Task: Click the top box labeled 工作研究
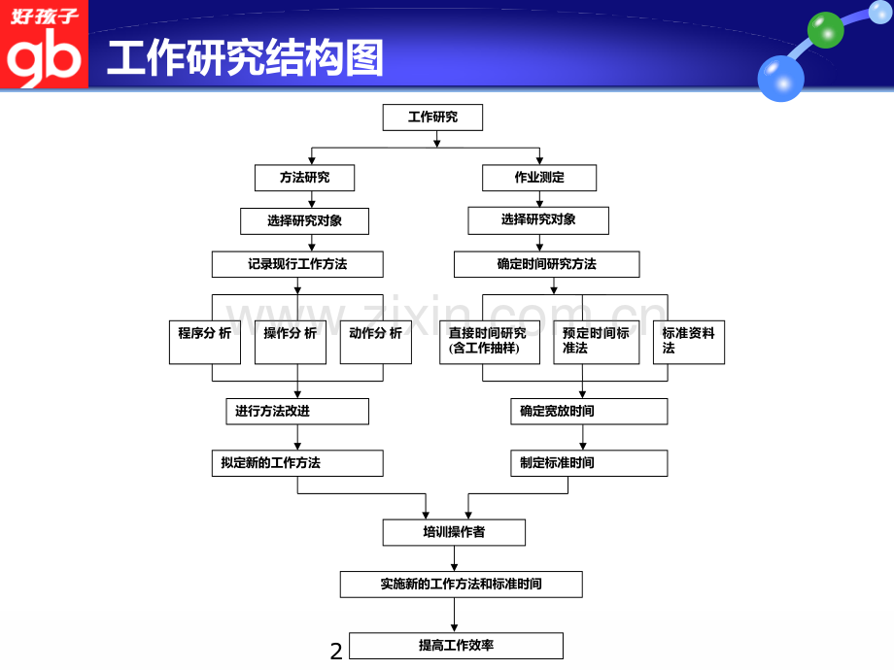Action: pyautogui.click(x=432, y=117)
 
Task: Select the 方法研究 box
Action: pyautogui.click(x=304, y=178)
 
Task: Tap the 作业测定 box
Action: pyautogui.click(x=539, y=178)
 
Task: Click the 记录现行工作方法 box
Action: pyautogui.click(x=297, y=264)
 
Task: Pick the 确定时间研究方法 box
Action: pyautogui.click(x=546, y=264)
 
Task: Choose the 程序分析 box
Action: pyautogui.click(x=204, y=341)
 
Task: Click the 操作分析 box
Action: pyautogui.click(x=290, y=341)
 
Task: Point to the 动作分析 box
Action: pyautogui.click(x=375, y=341)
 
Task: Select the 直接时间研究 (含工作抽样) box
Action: pyautogui.click(x=489, y=341)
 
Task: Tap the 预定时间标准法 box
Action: pyautogui.click(x=596, y=341)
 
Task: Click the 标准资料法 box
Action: pyautogui.click(x=688, y=341)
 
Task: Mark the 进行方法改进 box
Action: pyautogui.click(x=296, y=412)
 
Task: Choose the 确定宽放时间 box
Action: pyautogui.click(x=589, y=412)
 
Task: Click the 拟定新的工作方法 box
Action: pyautogui.click(x=296, y=463)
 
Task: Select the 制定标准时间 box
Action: pyautogui.click(x=589, y=463)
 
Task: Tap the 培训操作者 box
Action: pyautogui.click(x=454, y=532)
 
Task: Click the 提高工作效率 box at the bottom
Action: pyautogui.click(x=456, y=646)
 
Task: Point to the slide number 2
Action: pyautogui.click(x=336, y=652)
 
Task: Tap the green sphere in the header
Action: pyautogui.click(x=826, y=29)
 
